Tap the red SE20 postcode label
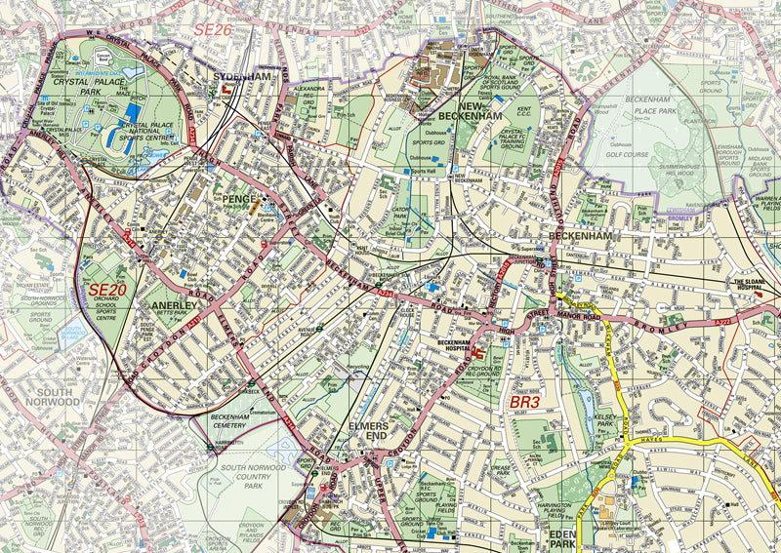pyautogui.click(x=107, y=290)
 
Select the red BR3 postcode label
pyautogui.click(x=525, y=400)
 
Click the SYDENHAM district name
pyautogui.click(x=241, y=76)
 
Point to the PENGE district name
pyautogui.click(x=236, y=199)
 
